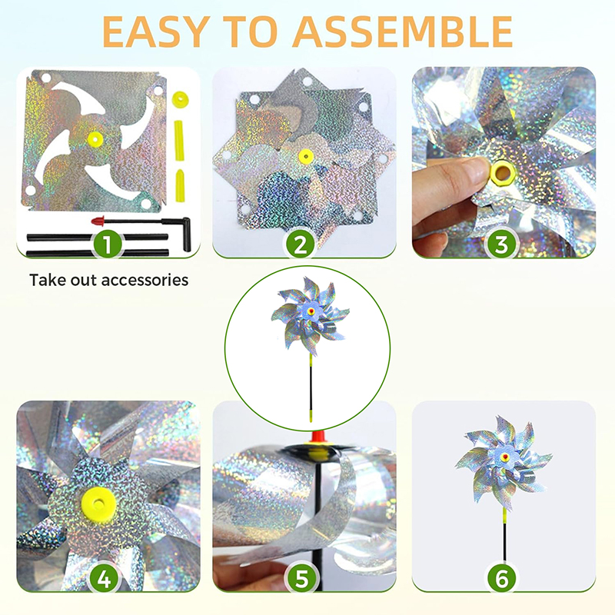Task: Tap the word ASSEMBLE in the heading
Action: tap(402, 32)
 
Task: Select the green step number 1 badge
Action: tap(108, 244)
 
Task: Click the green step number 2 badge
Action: tap(300, 244)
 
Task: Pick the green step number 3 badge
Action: tap(501, 244)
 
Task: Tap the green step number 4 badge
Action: tap(104, 578)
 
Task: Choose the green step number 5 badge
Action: tap(301, 578)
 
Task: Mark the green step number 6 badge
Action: tap(502, 578)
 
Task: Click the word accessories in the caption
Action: tap(145, 280)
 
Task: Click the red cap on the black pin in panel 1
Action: tap(98, 221)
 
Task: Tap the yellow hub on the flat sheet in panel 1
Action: tap(95, 138)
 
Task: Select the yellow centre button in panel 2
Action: tap(307, 156)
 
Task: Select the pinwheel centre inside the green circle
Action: tap(311, 312)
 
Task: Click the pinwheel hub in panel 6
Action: tap(505, 456)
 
